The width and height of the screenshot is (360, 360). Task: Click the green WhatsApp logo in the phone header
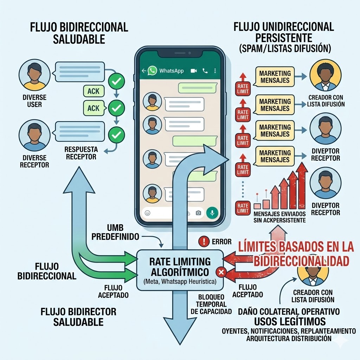pos(152,70)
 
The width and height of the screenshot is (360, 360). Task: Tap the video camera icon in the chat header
pos(194,71)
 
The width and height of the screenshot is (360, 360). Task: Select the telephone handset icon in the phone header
pos(205,71)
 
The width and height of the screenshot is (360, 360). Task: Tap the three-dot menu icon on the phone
pos(215,71)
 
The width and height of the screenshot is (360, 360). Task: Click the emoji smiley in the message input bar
pos(148,213)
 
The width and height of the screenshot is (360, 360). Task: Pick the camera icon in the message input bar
pos(198,213)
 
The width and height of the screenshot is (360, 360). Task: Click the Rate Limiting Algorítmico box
pos(180,270)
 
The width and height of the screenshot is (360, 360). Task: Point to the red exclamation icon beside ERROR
pos(204,241)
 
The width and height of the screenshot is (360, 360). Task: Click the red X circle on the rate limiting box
pos(221,272)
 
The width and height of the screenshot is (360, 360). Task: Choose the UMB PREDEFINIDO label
pos(115,232)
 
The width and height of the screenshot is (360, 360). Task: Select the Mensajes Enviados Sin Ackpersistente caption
pos(279,217)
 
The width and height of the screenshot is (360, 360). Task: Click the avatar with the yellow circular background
pos(325,76)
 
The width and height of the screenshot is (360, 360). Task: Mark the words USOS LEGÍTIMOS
pos(290,321)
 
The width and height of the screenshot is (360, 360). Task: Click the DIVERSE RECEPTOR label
pos(34,161)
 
